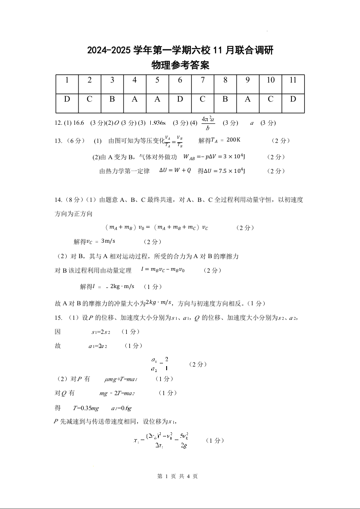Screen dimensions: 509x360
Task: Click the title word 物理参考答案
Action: tap(180, 65)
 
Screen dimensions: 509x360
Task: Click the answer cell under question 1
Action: tap(67, 99)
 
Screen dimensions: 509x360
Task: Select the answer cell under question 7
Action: tap(202, 99)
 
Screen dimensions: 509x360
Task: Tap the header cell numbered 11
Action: tap(293, 80)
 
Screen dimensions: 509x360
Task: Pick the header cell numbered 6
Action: tap(180, 80)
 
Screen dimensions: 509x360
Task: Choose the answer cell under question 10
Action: tap(271, 99)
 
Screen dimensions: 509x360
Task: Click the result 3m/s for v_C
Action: tap(108, 241)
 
